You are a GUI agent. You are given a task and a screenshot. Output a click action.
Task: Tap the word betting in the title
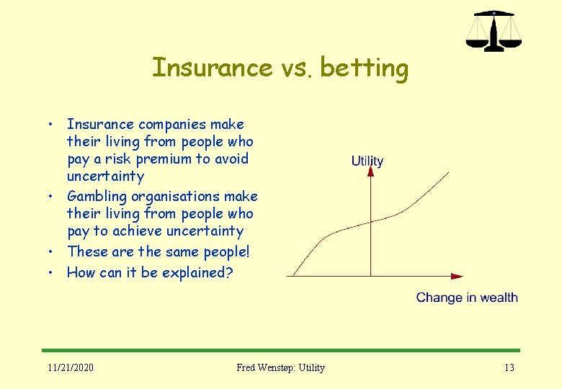pyautogui.click(x=364, y=69)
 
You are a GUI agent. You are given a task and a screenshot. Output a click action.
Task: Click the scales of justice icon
pyautogui.click(x=493, y=31)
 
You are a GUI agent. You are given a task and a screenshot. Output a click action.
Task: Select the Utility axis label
pyautogui.click(x=367, y=161)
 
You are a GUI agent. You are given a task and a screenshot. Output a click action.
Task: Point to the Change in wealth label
pyautogui.click(x=467, y=298)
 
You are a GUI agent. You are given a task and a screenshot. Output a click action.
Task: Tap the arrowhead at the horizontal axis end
pyautogui.click(x=456, y=276)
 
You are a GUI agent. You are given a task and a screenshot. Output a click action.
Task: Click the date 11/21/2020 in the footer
pyautogui.click(x=70, y=367)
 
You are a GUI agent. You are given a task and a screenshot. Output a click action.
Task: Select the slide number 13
pyautogui.click(x=509, y=367)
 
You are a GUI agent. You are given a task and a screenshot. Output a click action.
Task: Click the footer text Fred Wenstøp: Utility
pyautogui.click(x=280, y=367)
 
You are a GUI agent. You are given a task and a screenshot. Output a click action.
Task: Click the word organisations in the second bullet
pyautogui.click(x=175, y=196)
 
